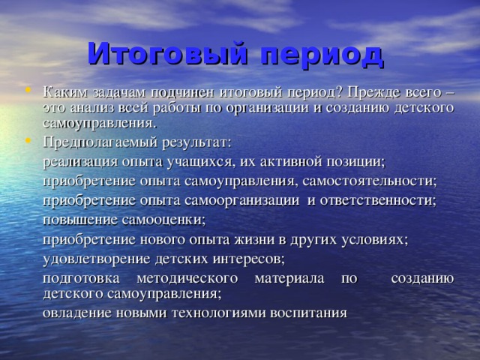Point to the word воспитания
pos(307,313)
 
